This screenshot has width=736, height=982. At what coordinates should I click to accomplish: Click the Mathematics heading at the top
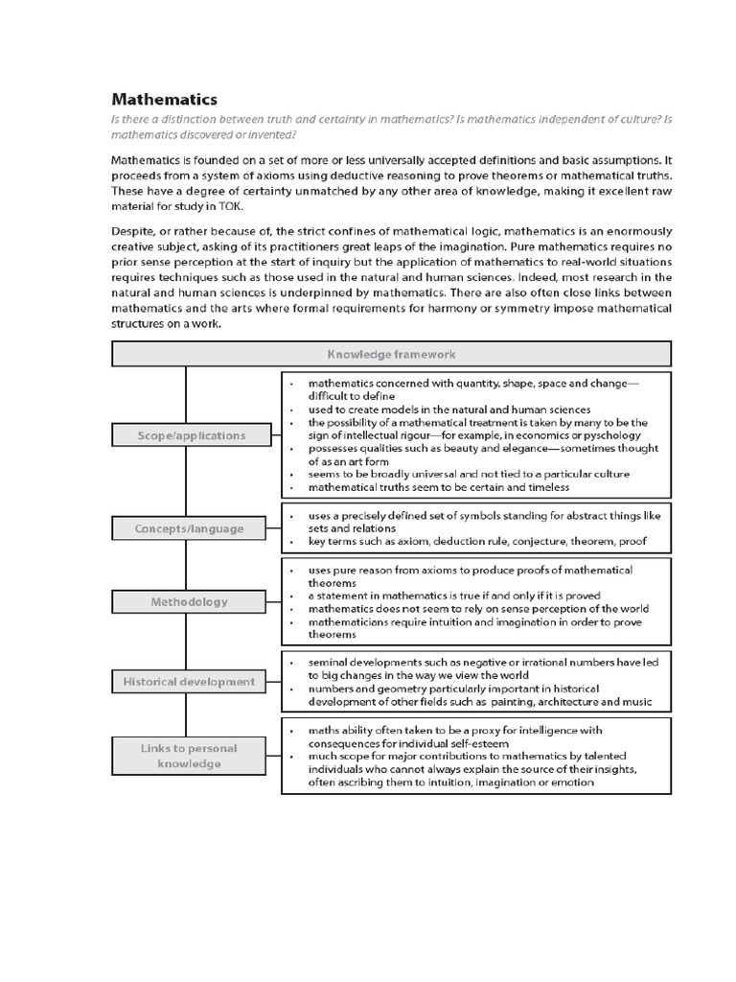(x=164, y=99)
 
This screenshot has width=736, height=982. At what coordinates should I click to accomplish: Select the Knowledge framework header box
(x=391, y=354)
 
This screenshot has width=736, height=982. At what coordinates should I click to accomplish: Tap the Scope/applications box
(x=190, y=435)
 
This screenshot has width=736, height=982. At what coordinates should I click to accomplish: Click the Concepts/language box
(x=189, y=528)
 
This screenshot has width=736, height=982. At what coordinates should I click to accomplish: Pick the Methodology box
(x=189, y=602)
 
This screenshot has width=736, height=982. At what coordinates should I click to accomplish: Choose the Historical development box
(x=189, y=682)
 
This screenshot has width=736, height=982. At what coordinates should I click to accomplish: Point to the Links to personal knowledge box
(x=189, y=756)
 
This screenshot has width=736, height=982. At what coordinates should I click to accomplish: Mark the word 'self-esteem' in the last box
(x=478, y=743)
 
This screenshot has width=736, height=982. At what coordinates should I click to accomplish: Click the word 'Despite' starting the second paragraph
(x=135, y=232)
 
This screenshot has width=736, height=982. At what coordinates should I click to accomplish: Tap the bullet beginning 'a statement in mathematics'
(x=441, y=596)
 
